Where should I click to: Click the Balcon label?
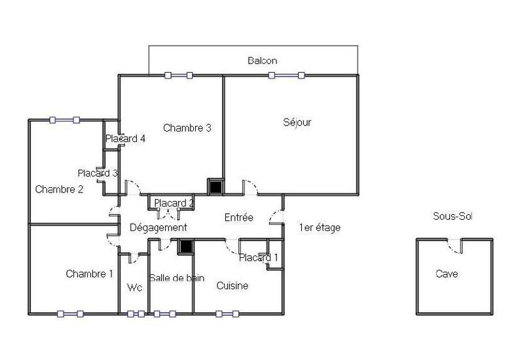click(x=262, y=61)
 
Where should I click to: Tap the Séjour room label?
click(x=297, y=122)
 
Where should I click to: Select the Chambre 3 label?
click(x=187, y=128)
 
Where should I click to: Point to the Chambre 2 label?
click(x=59, y=190)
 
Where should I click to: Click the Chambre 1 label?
click(x=90, y=274)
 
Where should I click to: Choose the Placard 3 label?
click(x=98, y=173)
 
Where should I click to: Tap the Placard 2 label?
click(x=174, y=204)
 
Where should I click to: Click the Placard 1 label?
click(x=258, y=258)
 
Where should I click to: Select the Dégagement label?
click(x=159, y=228)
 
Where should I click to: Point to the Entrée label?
click(x=239, y=217)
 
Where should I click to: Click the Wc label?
click(x=135, y=287)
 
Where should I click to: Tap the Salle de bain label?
click(x=177, y=278)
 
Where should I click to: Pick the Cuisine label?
click(x=233, y=286)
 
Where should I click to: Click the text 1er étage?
click(x=320, y=228)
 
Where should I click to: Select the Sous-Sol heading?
click(x=453, y=216)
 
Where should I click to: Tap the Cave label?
click(x=447, y=274)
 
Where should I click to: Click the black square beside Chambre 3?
click(x=215, y=187)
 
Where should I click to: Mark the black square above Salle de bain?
click(x=186, y=247)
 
